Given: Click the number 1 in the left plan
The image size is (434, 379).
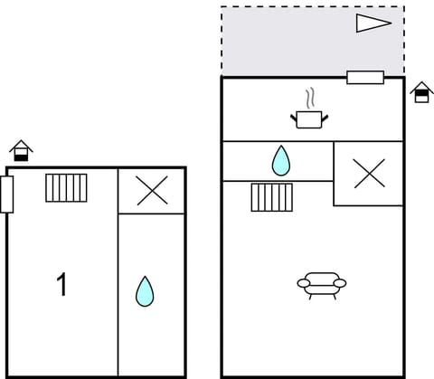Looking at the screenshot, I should pos(61,286).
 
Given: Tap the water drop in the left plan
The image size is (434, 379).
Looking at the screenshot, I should pos(145,291).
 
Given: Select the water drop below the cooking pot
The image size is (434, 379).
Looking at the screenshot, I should pos(281,161).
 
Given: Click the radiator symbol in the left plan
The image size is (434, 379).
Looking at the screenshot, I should pos(67,188).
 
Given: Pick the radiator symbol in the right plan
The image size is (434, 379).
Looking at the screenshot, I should pos(271,196).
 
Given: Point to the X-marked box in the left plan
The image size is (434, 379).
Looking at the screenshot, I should pos(152,191).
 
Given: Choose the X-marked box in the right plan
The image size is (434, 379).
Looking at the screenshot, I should pos(369,174).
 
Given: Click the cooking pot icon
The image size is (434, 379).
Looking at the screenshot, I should pos(309,118).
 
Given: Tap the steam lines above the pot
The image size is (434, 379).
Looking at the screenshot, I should pos(310,97).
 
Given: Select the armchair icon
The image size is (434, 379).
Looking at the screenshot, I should pos(322,285).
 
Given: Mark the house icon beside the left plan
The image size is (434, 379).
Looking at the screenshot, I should pos(21,150).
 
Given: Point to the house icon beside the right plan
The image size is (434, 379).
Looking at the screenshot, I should pos(421,92).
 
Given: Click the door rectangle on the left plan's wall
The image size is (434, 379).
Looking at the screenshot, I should pos(7,194).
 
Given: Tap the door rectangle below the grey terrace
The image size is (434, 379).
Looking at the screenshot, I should pos(365,77).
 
